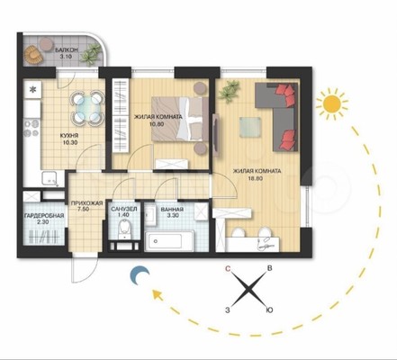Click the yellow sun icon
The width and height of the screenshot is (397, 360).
tap(332, 104)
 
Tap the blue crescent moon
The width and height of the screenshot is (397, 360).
tap(139, 275)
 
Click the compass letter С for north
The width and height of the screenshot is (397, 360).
tap(228, 269)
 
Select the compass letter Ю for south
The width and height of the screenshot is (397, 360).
tap(269, 310)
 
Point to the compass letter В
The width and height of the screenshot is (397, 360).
tap(269, 268)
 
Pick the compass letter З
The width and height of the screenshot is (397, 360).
tap(228, 310)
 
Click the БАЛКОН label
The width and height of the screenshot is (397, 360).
tap(67, 50)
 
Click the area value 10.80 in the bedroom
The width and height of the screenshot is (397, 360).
tap(157, 123)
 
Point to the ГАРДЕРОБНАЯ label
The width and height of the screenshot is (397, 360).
tap(44, 215)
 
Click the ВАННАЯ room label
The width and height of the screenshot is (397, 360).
tap(172, 209)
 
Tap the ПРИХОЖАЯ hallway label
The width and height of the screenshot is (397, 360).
tap(87, 203)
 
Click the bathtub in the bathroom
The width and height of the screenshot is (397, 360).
tap(168, 240)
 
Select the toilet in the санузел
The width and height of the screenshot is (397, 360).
tap(124, 229)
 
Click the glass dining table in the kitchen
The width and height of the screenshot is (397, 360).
tap(87, 107)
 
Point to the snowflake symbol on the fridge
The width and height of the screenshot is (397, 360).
tap(32, 89)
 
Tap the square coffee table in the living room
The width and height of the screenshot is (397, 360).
tap(249, 127)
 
